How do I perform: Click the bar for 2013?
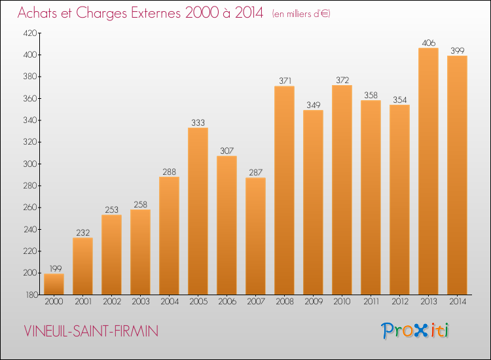tap(428, 171)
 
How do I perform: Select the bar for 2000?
tap(54, 284)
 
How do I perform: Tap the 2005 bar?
tap(198, 211)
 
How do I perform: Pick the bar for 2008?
tap(284, 190)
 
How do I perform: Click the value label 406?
tap(428, 43)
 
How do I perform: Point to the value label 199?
tap(56, 268)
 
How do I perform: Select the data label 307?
tap(227, 151)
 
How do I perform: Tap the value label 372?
tap(342, 80)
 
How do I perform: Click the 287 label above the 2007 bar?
tap(255, 173)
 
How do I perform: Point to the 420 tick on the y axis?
tap(30, 33)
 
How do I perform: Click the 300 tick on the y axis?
tap(30, 164)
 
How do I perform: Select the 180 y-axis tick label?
tap(31, 295)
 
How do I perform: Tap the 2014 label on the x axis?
tap(458, 302)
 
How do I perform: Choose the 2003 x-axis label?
tap(141, 302)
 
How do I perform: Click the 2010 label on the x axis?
tap(342, 302)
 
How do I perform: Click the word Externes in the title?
tap(156, 13)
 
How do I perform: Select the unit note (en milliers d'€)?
tap(301, 14)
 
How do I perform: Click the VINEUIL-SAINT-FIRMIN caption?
tap(91, 331)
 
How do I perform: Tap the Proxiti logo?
tap(415, 331)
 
